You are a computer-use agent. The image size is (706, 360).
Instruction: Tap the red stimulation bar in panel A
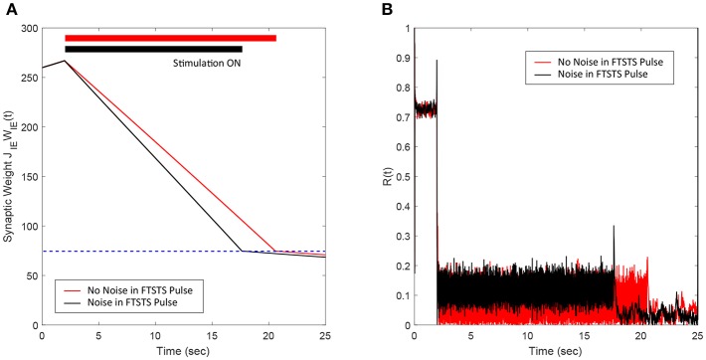170,38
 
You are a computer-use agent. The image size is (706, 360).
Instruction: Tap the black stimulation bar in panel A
153,49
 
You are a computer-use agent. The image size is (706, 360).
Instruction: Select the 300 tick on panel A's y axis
28,28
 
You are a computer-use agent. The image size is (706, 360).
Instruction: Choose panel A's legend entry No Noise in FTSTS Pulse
138,289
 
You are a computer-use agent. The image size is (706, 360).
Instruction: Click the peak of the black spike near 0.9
437,61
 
